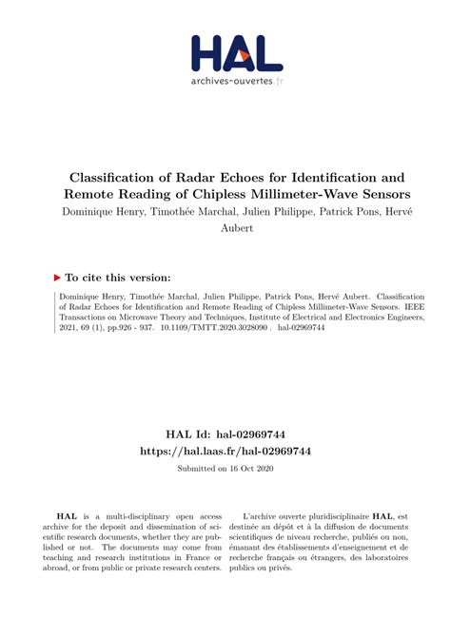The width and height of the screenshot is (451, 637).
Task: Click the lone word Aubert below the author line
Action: click(225, 228)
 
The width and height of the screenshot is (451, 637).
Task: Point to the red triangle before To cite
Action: click(56, 278)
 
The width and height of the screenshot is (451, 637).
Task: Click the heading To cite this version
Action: click(119, 278)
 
